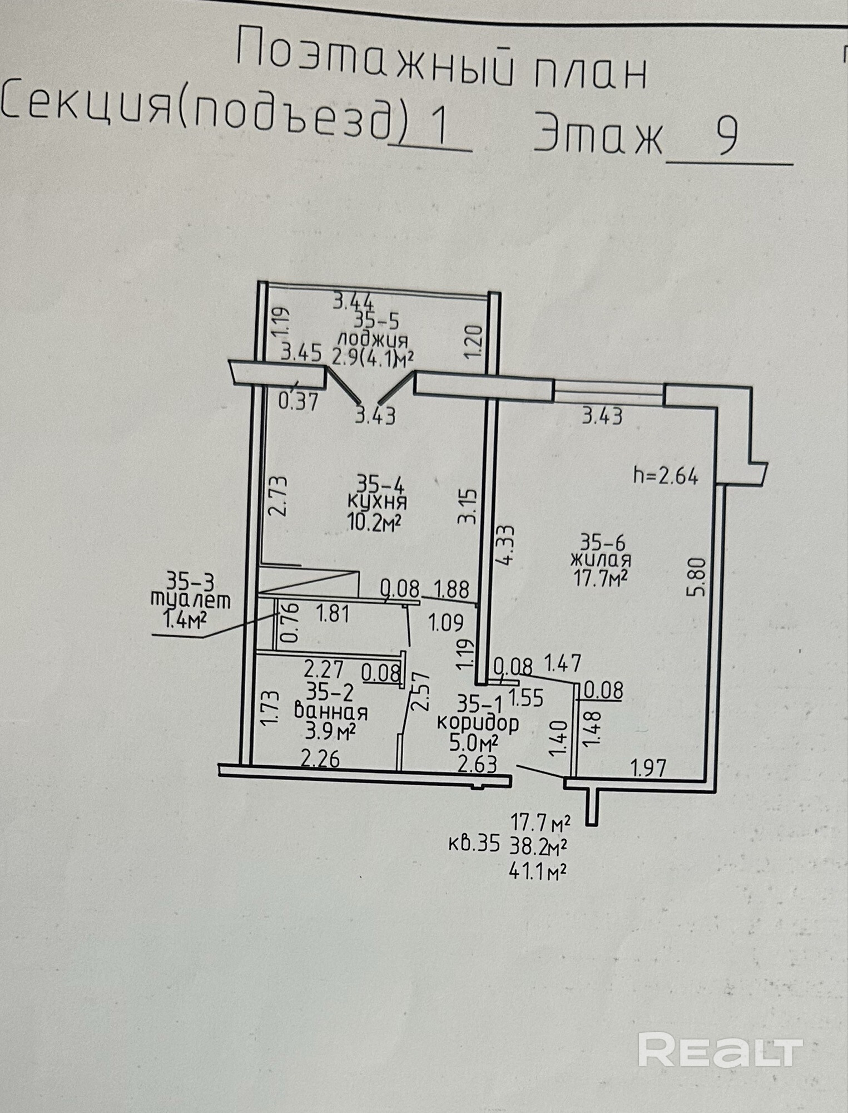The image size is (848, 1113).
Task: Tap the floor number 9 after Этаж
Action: coord(727,137)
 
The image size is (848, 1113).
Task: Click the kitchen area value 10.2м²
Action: coord(375,523)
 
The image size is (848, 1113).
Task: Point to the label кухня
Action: coord(376,502)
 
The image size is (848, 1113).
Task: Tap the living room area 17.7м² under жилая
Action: coord(601,579)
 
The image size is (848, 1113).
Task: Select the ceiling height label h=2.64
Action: coord(666,476)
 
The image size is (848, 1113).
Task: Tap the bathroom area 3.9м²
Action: coord(330,732)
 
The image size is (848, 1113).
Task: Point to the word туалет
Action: coord(190,599)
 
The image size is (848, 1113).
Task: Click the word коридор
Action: coord(478,723)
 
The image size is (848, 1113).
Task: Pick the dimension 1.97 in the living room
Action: coord(648,769)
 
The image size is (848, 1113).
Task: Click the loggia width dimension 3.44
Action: coord(353,302)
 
